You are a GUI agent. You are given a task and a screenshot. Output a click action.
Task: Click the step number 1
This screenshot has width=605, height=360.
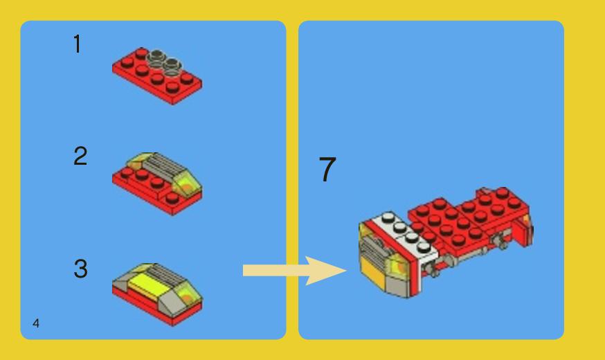78,45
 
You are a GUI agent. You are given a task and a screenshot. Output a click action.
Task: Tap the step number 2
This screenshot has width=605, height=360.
80,157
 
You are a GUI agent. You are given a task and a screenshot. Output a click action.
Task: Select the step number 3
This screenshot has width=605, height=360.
80,269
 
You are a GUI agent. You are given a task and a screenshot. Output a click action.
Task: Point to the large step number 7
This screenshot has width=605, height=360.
327,170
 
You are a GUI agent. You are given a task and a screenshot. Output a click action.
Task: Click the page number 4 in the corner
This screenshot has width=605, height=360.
35,323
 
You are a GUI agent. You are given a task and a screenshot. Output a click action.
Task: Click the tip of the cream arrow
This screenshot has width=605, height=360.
345,270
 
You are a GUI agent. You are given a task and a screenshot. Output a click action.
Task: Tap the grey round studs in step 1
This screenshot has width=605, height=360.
163,63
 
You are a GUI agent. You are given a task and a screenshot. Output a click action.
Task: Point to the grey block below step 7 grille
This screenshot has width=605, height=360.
395,285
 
